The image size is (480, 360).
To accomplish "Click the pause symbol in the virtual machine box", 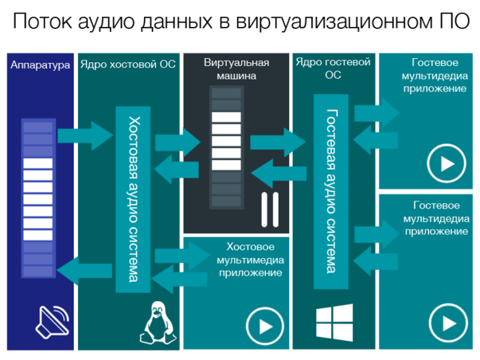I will point(268,208).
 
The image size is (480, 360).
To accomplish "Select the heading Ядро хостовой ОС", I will point(127,65).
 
